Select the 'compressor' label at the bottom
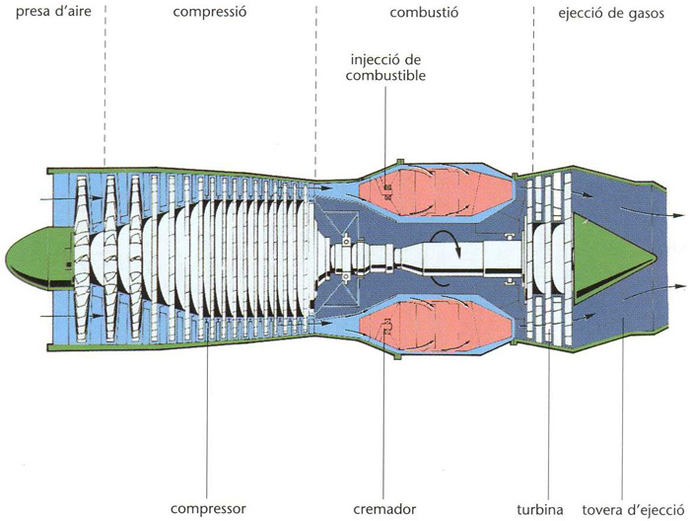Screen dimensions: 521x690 pyautogui.click(x=208, y=509)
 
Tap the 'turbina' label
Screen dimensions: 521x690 pyautogui.click(x=539, y=509)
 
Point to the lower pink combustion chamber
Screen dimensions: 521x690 pyautogui.click(x=434, y=321)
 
